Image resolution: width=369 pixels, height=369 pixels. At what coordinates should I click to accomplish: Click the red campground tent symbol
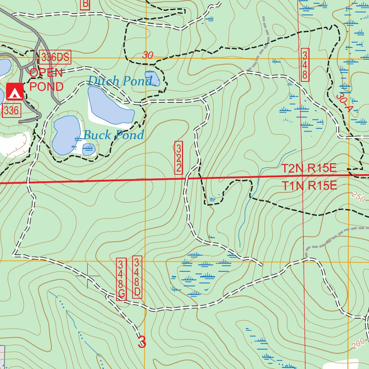click(15, 92)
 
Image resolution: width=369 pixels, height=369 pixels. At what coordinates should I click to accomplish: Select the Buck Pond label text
click(114, 135)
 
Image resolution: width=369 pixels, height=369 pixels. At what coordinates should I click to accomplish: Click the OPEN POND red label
click(46, 80)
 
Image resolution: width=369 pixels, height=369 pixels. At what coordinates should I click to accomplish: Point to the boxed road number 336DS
click(55, 57)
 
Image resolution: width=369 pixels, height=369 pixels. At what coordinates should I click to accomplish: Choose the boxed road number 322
click(178, 158)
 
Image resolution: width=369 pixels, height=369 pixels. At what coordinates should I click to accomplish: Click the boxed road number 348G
click(121, 279)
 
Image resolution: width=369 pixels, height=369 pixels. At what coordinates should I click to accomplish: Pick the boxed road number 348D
click(137, 277)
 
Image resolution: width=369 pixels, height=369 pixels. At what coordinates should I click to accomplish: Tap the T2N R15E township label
click(309, 168)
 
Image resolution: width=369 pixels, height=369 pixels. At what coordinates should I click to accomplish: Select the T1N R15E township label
click(309, 186)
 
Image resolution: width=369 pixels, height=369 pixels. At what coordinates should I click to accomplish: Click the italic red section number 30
click(147, 55)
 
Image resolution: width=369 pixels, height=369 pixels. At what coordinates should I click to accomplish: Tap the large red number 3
click(142, 342)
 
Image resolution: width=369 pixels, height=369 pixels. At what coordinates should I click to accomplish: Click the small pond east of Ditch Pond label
click(152, 78)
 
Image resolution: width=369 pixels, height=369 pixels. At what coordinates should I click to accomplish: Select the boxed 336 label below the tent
click(12, 111)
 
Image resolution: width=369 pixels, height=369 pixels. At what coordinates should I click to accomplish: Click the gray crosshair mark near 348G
click(88, 276)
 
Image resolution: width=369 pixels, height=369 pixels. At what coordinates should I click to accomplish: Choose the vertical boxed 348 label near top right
click(305, 65)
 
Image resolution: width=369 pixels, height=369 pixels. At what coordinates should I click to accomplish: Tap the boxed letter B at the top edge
click(85, 4)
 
